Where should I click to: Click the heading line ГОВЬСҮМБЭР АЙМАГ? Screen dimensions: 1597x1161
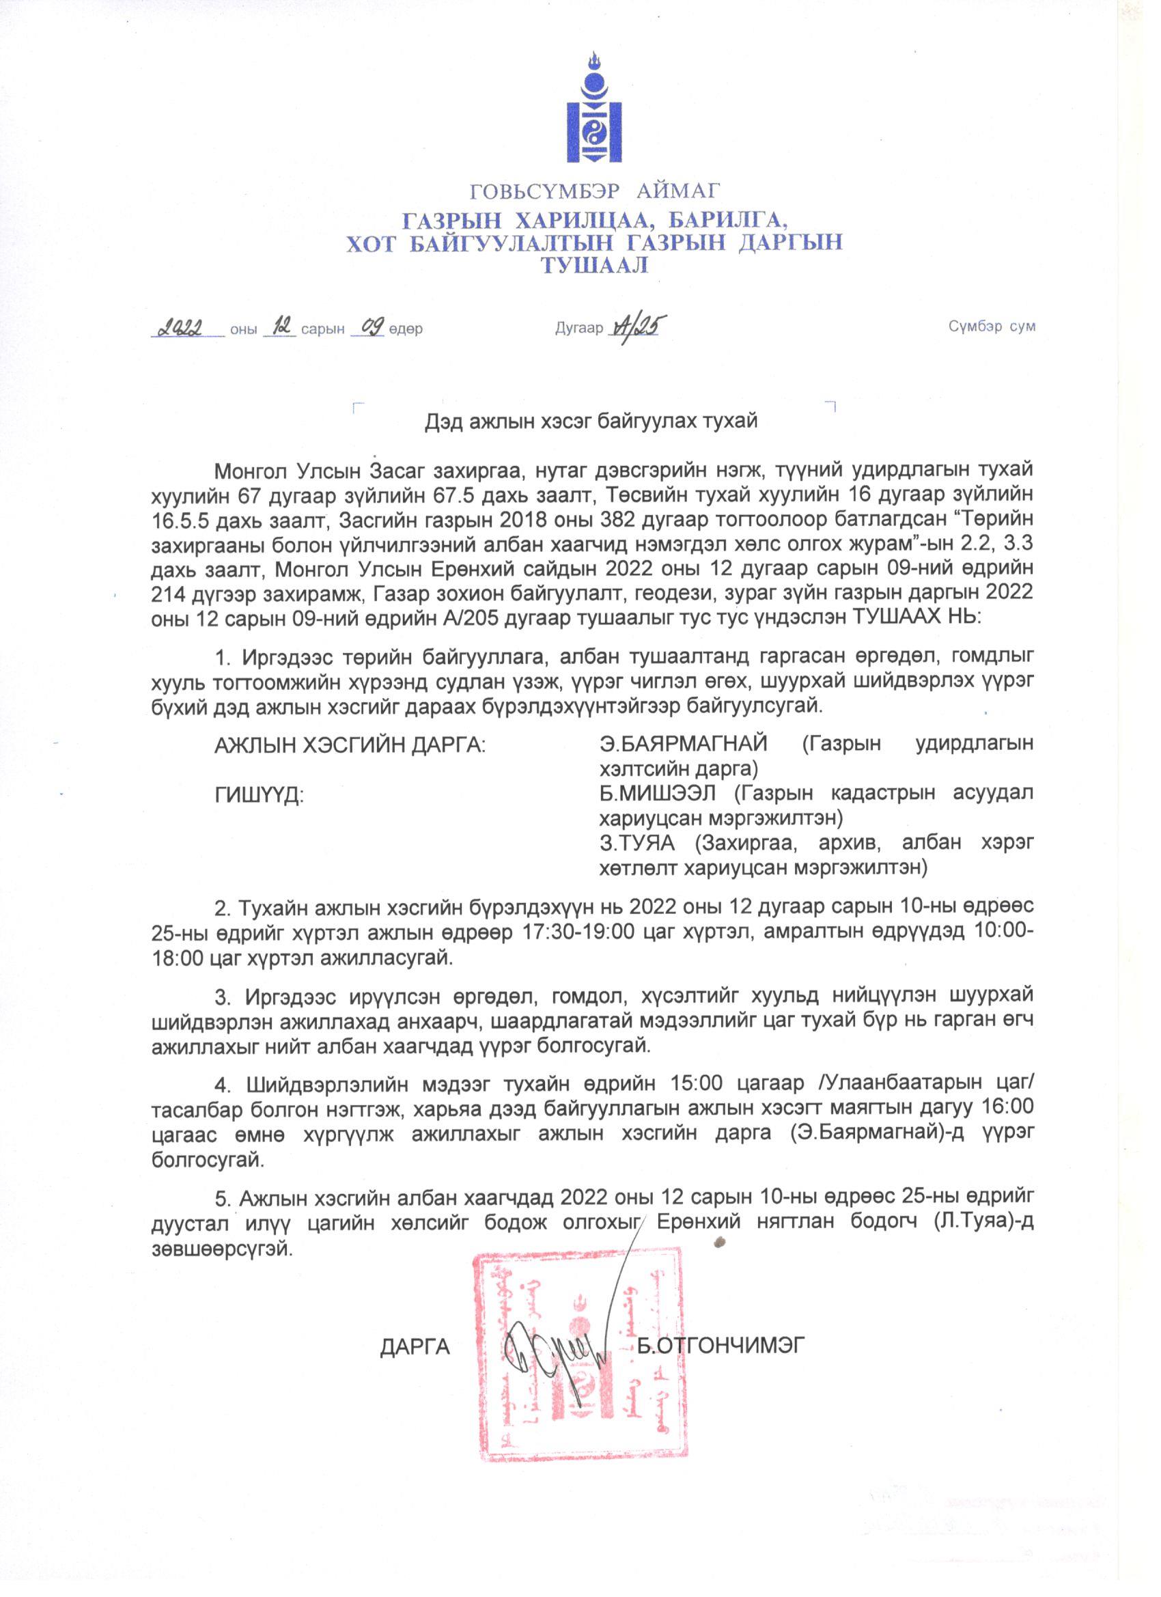(595, 190)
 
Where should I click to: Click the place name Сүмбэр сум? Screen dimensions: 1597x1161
(991, 327)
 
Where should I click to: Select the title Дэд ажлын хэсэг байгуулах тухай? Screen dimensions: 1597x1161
(591, 421)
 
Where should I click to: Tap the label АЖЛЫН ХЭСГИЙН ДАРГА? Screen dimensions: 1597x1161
(350, 745)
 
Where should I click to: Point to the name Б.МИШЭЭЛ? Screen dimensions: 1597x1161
(658, 794)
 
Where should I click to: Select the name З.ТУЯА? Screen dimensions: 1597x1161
(637, 844)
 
